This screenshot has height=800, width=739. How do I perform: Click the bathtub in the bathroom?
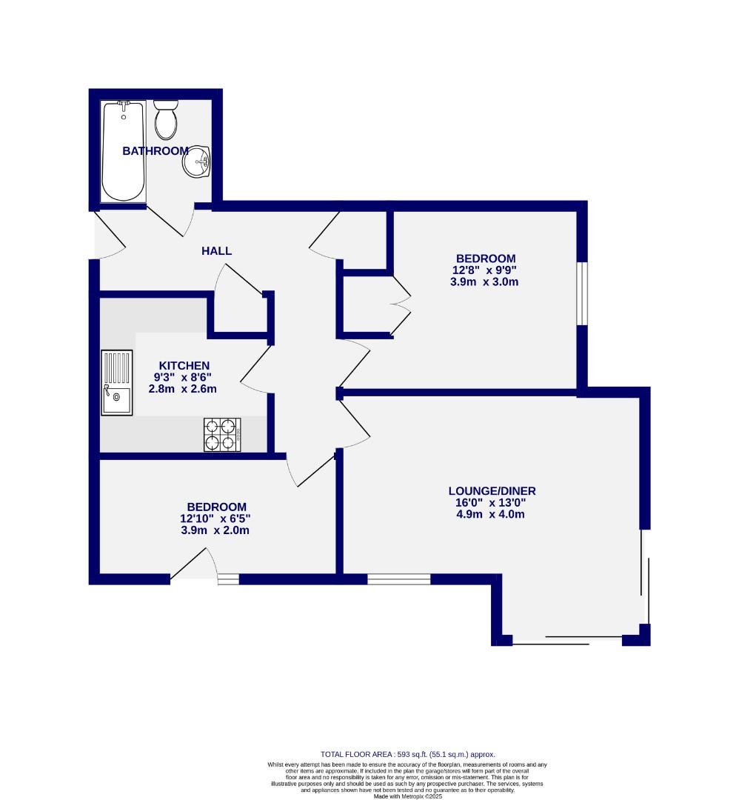(x=123, y=152)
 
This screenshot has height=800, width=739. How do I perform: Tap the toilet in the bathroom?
(x=166, y=120)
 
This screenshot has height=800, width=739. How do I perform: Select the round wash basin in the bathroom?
(x=197, y=161)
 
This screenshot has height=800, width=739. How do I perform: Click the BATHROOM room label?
(x=156, y=151)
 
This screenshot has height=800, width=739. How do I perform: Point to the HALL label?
(x=217, y=251)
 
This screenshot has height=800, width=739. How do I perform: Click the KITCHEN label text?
(x=184, y=365)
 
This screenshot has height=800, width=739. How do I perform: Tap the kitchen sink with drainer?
(x=117, y=383)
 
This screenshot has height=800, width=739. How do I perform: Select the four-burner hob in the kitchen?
(x=223, y=434)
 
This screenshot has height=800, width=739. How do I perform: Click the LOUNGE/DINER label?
(x=492, y=490)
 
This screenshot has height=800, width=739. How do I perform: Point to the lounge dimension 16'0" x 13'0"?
(x=492, y=502)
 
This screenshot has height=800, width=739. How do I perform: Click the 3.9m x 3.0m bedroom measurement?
(x=485, y=282)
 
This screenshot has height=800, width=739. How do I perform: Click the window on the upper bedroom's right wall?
(x=582, y=293)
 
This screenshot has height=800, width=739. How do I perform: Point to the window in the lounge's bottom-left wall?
(x=398, y=579)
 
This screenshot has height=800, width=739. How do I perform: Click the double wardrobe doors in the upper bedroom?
(x=401, y=304)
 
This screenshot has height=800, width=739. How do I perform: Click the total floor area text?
(x=407, y=754)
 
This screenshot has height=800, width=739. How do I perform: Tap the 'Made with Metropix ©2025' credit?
(x=408, y=796)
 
